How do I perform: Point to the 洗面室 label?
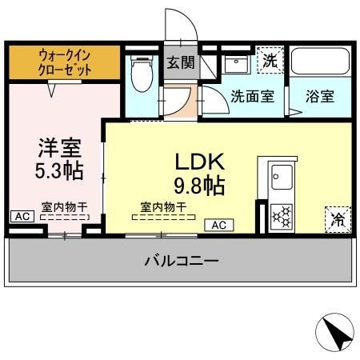tap(252, 97)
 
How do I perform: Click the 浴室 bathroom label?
tap(320, 97)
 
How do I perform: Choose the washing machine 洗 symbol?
tap(270, 60)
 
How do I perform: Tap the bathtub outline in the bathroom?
tap(320, 62)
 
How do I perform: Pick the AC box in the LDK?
tap(218, 226)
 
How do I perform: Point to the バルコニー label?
tap(182, 260)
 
